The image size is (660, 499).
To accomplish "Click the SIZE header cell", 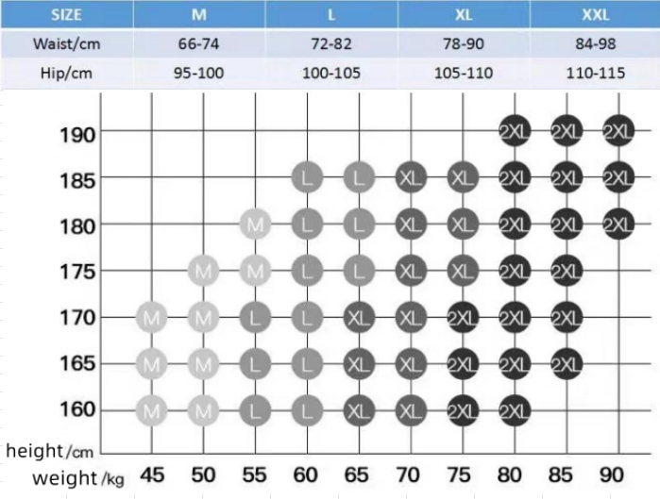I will tap(66, 14).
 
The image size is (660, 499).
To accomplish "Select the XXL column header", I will tap(595, 14).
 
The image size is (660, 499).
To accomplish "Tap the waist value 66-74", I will tap(199, 43).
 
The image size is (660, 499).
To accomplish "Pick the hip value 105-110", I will tap(463, 73).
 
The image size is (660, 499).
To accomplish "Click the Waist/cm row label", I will tap(66, 43).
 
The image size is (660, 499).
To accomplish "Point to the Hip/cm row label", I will tap(66, 73).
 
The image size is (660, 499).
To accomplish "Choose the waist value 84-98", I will tap(595, 43).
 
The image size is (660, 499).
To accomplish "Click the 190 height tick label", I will tap(75, 133).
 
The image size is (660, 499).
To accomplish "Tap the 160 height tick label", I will tap(75, 409).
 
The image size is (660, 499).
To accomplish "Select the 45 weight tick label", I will tap(152, 474).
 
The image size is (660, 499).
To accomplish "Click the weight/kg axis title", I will tap(77, 477).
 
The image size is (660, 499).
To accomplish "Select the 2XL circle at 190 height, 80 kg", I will tap(515, 132).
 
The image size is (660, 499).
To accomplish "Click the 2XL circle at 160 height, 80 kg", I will tap(515, 409).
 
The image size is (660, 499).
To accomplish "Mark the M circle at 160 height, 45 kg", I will tap(152, 409).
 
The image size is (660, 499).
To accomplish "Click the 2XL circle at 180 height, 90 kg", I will tap(618, 225).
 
